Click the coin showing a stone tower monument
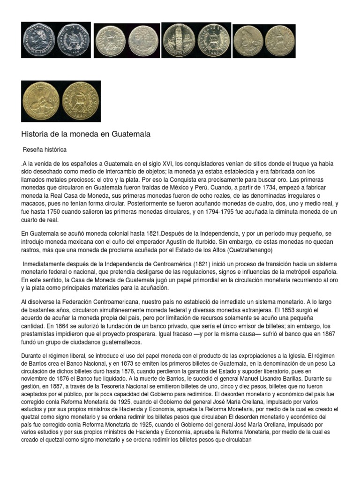(x=178, y=40)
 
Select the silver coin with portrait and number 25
(x=248, y=40)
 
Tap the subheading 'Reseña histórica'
(x=45, y=150)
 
